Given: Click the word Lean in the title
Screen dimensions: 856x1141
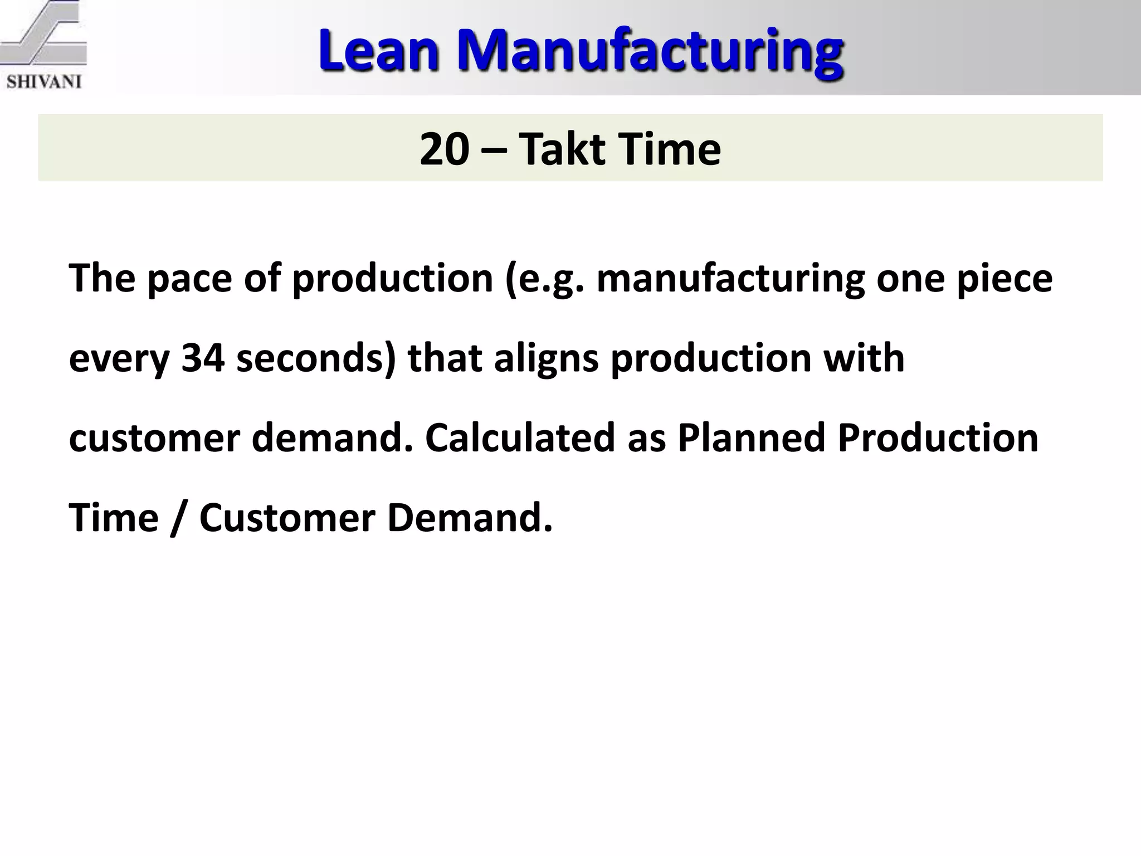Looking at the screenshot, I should pyautogui.click(x=379, y=51).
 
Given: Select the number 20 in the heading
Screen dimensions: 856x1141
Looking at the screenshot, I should pyautogui.click(x=444, y=149).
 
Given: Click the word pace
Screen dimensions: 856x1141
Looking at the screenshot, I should pyautogui.click(x=189, y=279).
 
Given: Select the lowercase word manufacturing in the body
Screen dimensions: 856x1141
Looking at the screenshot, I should pyautogui.click(x=730, y=279).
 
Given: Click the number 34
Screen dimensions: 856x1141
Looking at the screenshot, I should pyautogui.click(x=203, y=358).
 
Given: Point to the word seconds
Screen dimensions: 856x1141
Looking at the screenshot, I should pyautogui.click(x=315, y=358).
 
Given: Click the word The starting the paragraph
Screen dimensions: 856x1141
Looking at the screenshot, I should pyautogui.click(x=102, y=279).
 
